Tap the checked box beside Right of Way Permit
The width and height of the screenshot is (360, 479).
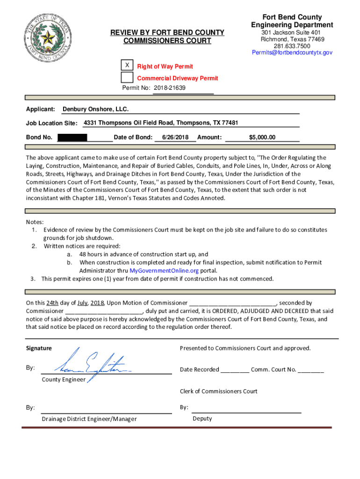(127, 65)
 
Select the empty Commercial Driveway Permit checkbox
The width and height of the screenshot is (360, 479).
(127, 78)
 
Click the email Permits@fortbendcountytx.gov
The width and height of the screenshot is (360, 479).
(292, 53)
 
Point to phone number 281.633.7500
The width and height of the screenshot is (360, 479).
(292, 46)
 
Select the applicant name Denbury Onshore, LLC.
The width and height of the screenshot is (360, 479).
(95, 109)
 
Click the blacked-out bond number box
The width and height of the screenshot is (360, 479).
(72, 138)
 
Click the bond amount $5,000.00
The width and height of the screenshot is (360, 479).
(262, 138)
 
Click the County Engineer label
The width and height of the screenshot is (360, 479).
(64, 379)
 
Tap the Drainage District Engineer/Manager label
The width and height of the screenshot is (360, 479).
(89, 419)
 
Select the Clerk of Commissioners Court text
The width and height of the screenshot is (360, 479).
(218, 391)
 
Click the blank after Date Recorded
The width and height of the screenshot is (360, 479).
(235, 370)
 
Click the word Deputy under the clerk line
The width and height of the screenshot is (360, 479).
(202, 418)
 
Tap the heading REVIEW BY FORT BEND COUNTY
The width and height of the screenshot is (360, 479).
(167, 32)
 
